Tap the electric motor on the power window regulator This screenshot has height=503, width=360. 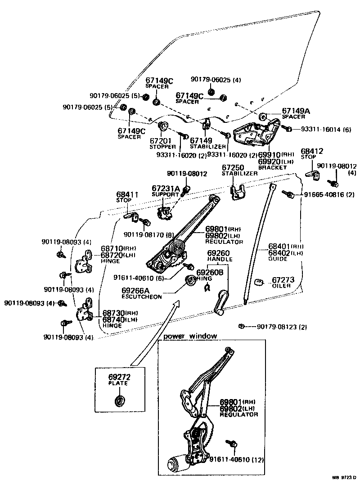coord(177,463)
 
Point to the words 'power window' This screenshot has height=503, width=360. coord(190,336)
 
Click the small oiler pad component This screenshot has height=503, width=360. coord(259,282)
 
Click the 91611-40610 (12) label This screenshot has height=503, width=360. coord(236,460)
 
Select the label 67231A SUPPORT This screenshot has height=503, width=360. coord(165,191)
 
